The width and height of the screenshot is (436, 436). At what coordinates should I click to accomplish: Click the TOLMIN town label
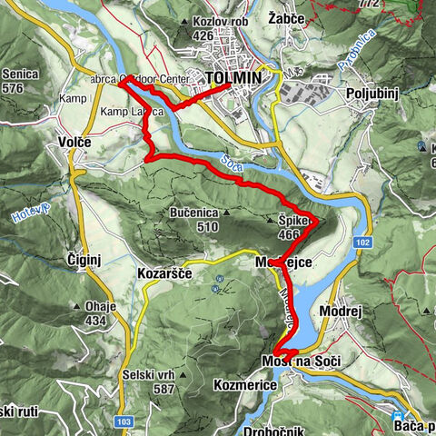234,79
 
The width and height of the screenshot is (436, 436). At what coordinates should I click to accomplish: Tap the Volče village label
75,142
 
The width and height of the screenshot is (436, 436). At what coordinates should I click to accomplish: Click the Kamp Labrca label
133,111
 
